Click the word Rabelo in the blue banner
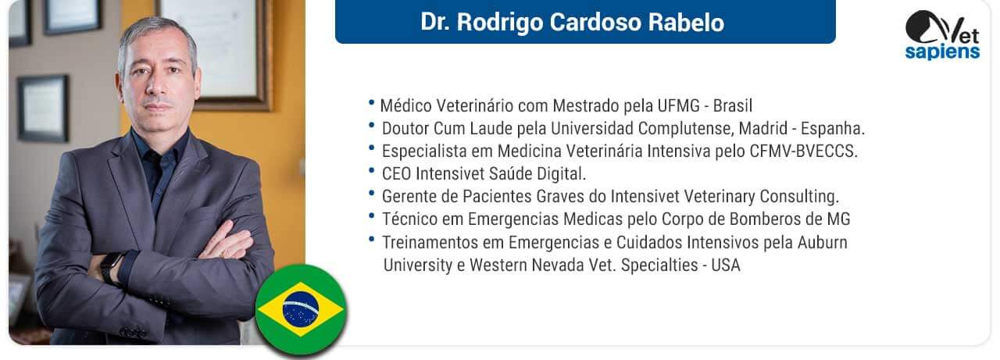tap(686, 23)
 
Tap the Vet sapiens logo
tap(942, 36)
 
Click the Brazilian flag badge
tap(301, 309)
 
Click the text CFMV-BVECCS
tap(804, 151)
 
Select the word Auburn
tap(823, 243)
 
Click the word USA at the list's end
tap(726, 266)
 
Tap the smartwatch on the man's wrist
tap(111, 268)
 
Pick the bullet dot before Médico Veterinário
tap(371, 102)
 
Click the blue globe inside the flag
tap(301, 309)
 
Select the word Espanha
tap(833, 129)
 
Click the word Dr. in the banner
tap(435, 23)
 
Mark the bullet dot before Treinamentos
tap(371, 239)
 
